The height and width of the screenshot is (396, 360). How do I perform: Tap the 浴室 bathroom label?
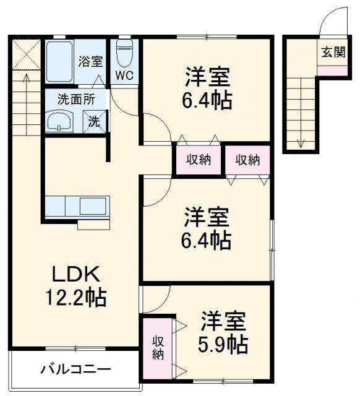tap(90, 61)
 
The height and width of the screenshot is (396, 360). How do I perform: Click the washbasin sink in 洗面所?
tap(60, 121)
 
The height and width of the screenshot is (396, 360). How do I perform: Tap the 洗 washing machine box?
tap(95, 120)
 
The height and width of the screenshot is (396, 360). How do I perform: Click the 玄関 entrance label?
tap(333, 52)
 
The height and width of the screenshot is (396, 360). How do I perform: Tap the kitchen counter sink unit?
tap(77, 206)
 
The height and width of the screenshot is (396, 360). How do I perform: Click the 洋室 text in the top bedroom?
tap(207, 79)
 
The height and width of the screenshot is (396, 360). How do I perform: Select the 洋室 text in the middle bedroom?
tap(207, 218)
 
